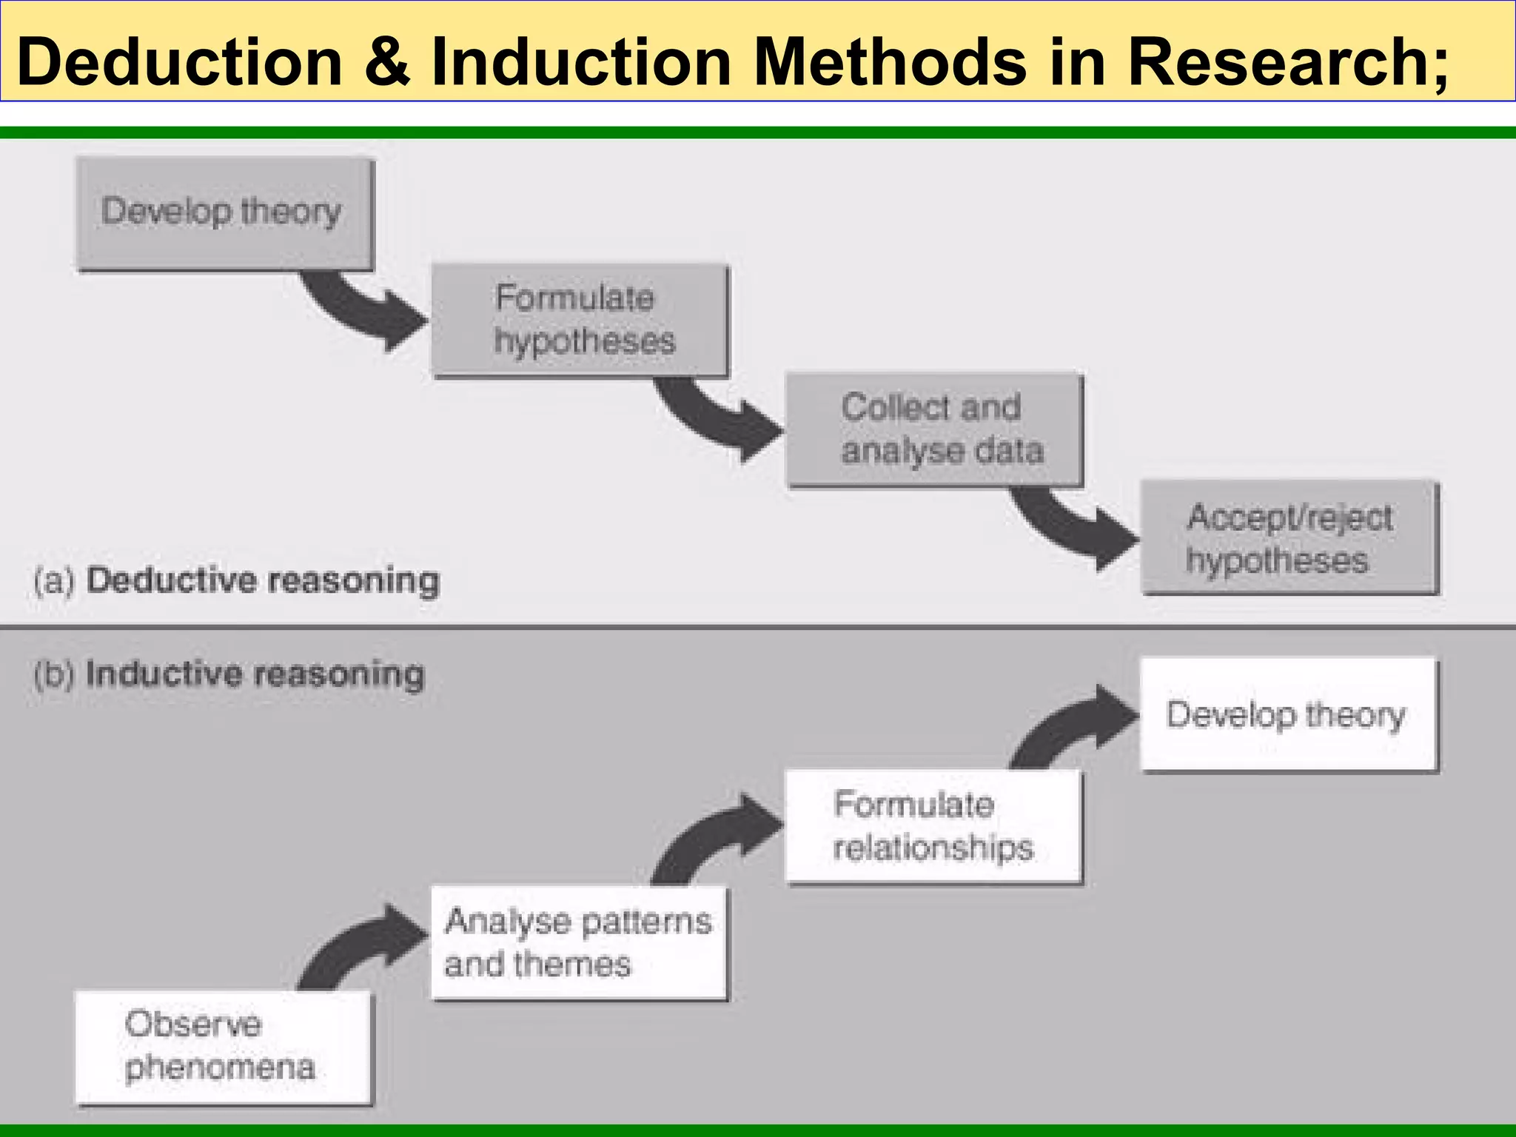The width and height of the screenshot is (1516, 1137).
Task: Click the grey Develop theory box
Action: pos(225,213)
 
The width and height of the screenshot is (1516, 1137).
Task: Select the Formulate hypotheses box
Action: pos(580,320)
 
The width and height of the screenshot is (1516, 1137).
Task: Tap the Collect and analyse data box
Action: pos(934,429)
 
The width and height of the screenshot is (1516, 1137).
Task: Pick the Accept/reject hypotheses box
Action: pos(1289,538)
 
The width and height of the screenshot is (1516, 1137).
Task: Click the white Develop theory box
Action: pos(1288,714)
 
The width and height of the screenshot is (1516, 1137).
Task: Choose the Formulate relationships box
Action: pos(933,826)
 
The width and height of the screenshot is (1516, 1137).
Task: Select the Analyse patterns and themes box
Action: pos(578,942)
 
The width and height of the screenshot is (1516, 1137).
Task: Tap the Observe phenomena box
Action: pos(223,1047)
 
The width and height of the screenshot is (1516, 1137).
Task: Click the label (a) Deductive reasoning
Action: pos(237,580)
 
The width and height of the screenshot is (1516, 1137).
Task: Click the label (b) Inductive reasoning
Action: pos(229,674)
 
